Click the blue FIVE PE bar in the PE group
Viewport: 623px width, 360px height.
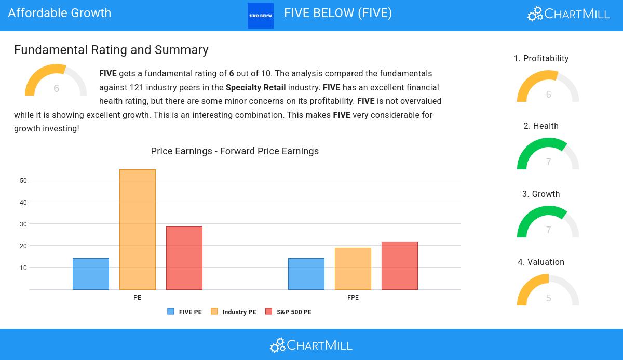91,274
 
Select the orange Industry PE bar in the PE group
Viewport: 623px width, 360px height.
138,230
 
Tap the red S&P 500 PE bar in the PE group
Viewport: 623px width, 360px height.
184,258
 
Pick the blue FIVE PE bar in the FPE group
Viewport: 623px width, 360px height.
306,274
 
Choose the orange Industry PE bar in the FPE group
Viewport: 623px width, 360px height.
353,269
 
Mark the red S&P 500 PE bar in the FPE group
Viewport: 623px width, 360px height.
400,265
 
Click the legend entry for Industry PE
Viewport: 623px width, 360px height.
234,312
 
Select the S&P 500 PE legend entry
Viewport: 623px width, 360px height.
289,312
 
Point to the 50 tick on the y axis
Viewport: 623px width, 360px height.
23,181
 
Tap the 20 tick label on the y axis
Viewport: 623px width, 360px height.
23,246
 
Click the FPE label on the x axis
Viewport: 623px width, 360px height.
353,298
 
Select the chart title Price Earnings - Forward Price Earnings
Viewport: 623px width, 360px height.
235,151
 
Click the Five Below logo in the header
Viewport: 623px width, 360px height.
261,16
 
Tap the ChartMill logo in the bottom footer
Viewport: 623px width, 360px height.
311,345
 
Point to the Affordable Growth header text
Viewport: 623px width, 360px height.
60,13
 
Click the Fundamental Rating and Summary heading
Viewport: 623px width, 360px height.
111,50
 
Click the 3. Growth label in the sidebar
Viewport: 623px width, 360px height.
541,194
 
